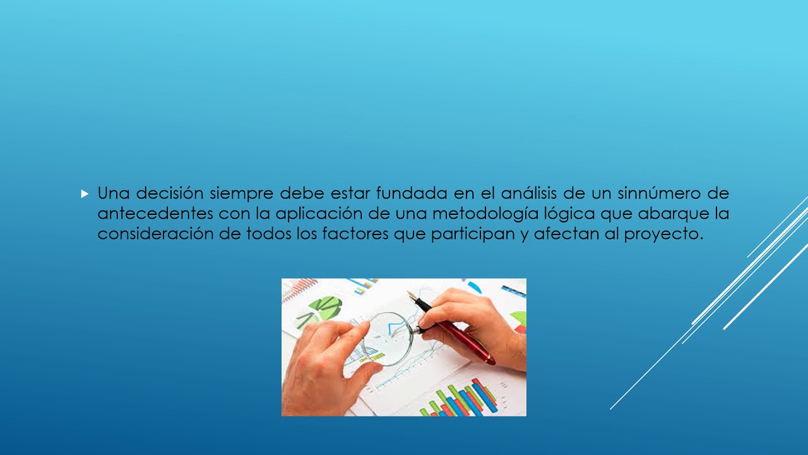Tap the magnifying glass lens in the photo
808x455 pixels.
click(388, 338)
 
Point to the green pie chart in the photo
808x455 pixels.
click(326, 308)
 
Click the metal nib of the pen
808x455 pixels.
click(413, 297)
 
